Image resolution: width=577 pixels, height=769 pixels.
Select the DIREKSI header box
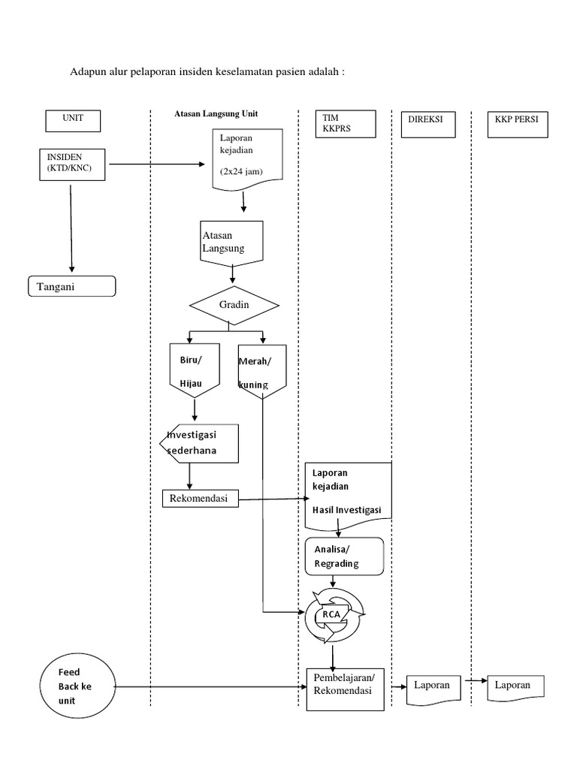[427, 125]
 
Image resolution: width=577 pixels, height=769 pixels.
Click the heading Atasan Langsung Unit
[216, 113]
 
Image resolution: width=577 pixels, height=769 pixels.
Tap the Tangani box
[71, 287]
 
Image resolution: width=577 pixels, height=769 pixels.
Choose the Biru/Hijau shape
[194, 370]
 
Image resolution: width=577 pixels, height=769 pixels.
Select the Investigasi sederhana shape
[201, 444]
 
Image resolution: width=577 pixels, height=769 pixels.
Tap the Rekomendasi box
[199, 497]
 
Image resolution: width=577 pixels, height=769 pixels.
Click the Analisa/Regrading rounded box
[345, 556]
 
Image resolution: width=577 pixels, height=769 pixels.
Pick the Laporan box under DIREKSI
[432, 686]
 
